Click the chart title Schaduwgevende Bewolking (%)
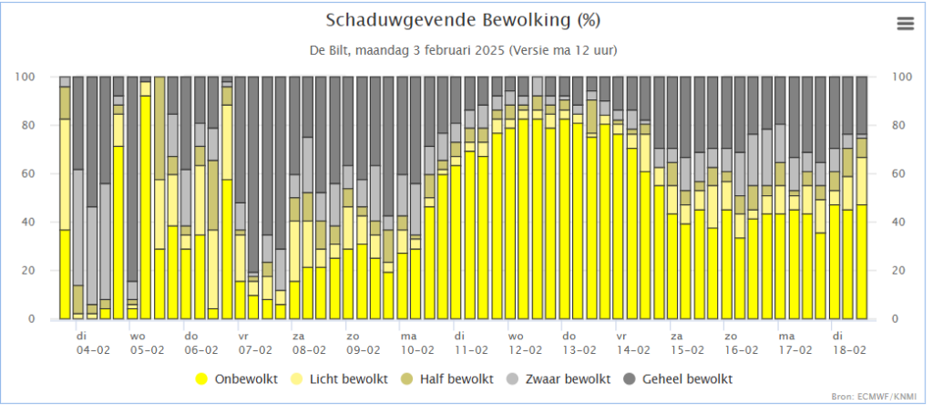(x=463, y=20)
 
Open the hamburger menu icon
(x=905, y=24)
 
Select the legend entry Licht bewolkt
(x=347, y=378)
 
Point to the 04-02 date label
(x=94, y=349)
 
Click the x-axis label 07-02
(x=255, y=349)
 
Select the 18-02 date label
(x=846, y=349)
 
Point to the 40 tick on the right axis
(x=900, y=222)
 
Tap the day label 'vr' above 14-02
(x=620, y=336)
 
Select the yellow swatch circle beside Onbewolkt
(x=200, y=378)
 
